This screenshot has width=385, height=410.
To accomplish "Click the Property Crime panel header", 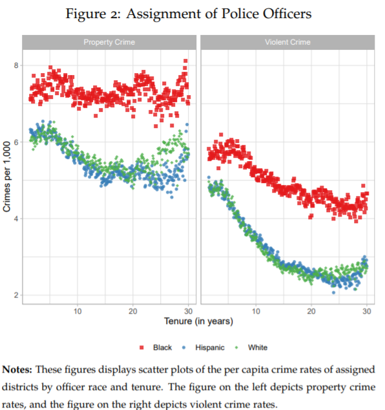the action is coord(109,42).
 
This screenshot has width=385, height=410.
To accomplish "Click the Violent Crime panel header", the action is coord(287,42).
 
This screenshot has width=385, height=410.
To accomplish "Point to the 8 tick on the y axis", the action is coord(16,65).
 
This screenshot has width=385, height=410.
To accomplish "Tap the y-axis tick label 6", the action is coord(16,142).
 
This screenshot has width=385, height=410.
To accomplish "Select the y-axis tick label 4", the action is coord(16,219).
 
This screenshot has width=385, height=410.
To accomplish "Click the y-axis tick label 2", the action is coord(16,295).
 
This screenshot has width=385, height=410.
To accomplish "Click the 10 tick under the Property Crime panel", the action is coord(78,311).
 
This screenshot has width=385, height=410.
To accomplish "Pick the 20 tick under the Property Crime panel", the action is coord(132,311).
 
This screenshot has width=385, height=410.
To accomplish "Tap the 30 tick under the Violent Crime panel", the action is coord(367,311).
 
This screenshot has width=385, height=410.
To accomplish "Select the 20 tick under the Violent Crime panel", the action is coord(311,311).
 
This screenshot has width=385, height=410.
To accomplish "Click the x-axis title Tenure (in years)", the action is coord(198,321).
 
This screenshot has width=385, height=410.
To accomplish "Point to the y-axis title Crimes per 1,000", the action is coord(7,177).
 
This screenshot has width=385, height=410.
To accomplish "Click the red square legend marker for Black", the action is coord(141,347).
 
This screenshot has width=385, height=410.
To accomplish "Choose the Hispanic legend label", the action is coord(210,347).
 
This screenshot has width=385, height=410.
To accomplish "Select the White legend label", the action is coord(258,347).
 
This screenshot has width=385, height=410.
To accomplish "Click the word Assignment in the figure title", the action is coord(163,14).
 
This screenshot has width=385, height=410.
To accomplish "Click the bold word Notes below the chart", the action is coord(17,369).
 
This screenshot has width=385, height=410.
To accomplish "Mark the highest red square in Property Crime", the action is coord(185,61).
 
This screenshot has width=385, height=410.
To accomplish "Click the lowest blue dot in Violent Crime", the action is coord(333,292).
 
